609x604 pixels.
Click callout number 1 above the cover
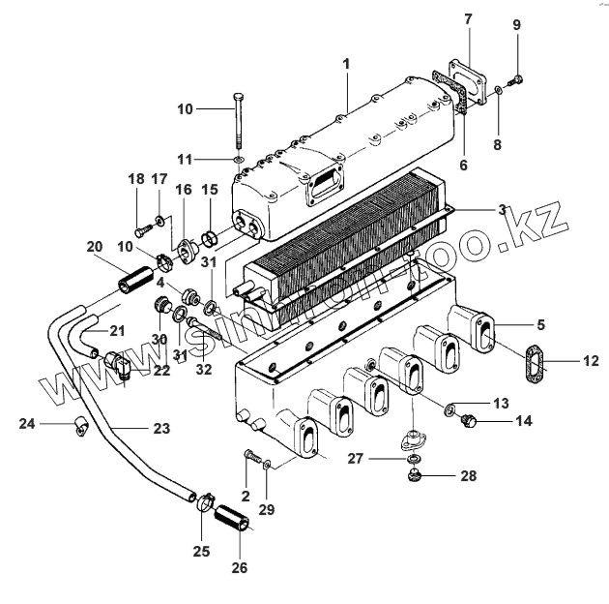(x=345, y=64)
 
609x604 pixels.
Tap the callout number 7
(x=468, y=19)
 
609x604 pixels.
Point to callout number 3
(x=502, y=210)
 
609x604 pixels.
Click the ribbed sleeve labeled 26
(x=235, y=517)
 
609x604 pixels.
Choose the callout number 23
(x=160, y=429)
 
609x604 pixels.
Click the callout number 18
(x=135, y=180)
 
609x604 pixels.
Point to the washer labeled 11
(x=238, y=158)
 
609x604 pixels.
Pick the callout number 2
(x=246, y=496)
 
